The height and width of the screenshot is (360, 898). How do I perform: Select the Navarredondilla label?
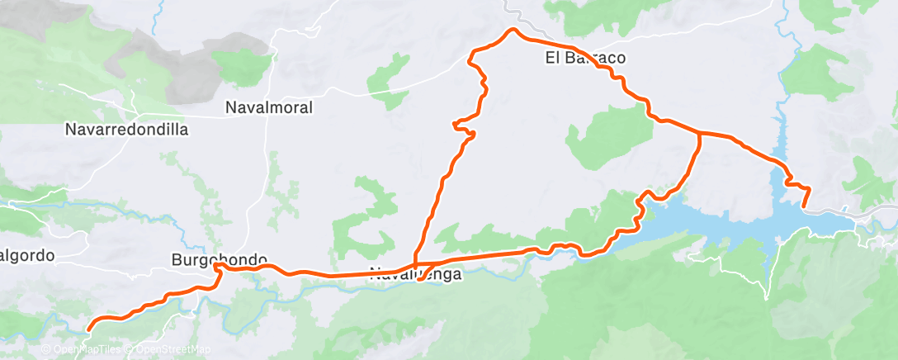coord(127,130)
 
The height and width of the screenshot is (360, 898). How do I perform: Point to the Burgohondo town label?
coord(206,258)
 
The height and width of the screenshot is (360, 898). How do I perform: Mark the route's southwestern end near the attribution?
coord(88,329)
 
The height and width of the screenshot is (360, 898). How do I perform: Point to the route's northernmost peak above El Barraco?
coord(513,30)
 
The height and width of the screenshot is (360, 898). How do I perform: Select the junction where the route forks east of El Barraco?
coord(700,132)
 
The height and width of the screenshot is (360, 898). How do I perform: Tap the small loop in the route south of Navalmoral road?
coord(465,129)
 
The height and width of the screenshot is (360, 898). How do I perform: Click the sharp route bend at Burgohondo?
coord(216,266)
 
